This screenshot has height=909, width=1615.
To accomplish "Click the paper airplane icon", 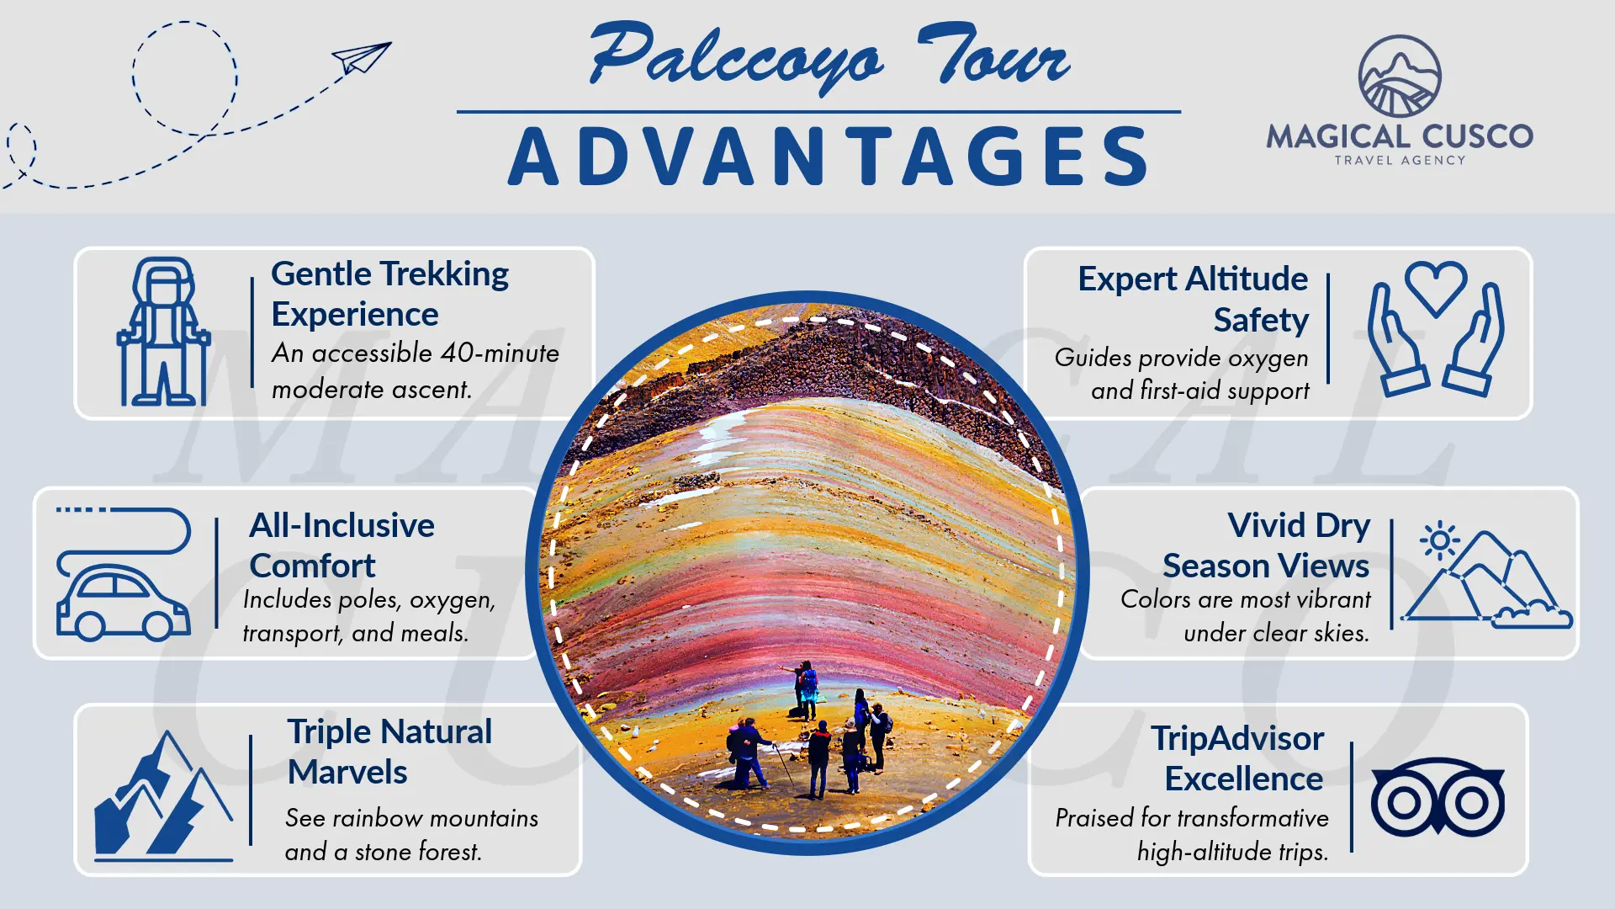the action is coord(362,58).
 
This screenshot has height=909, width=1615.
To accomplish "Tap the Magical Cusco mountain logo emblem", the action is coord(1400,76).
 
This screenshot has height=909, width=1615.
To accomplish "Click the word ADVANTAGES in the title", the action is coord(829,157).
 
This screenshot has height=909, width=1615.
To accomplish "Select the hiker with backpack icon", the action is coord(163,332).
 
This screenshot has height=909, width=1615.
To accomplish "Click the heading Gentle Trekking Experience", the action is coord(389,294).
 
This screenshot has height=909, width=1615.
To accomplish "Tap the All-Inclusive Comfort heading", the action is coord(342,545).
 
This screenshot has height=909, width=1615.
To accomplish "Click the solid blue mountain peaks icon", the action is coord(163,795).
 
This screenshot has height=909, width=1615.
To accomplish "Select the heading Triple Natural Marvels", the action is coord(389,752).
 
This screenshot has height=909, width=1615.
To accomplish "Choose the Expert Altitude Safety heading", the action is coord(1193,299).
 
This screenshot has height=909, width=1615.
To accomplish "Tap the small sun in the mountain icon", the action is coord(1439,541).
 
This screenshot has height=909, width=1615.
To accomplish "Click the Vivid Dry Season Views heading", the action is coord(1266,545).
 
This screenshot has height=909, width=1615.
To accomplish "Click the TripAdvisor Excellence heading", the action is coord(1237,758).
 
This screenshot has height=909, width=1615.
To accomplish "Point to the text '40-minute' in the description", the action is coord(500,353).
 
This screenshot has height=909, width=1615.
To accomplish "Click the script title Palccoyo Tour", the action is coord(829,56).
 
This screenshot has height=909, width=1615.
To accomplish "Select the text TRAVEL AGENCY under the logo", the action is coord(1400,160).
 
